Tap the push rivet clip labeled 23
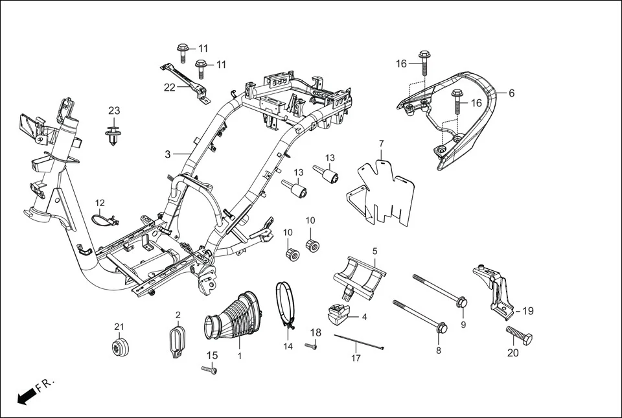pos(114,135)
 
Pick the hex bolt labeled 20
pos(519,336)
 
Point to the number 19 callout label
pos(527,311)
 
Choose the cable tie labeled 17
pos(359,342)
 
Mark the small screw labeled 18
pos(310,347)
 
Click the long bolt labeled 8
pos(418,315)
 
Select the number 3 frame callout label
pos(167,155)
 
